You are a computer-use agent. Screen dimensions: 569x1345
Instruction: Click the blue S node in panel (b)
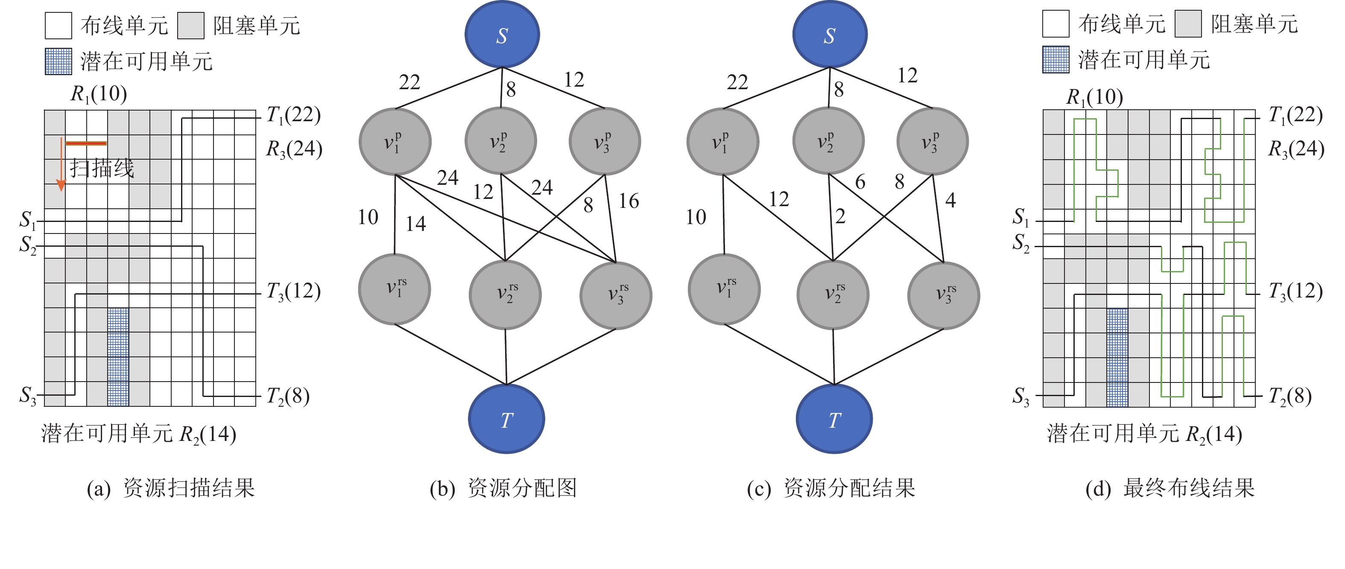[x=502, y=35]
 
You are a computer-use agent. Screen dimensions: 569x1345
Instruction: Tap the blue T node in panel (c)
[x=834, y=419]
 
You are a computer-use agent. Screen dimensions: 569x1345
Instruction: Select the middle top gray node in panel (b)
[x=500, y=141]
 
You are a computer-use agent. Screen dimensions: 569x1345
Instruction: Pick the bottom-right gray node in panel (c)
[x=944, y=295]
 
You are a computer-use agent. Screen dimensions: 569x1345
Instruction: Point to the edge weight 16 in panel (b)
[x=629, y=201]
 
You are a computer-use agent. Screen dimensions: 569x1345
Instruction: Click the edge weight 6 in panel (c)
[x=860, y=182]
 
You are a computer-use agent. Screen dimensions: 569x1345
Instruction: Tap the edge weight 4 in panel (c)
[x=950, y=200]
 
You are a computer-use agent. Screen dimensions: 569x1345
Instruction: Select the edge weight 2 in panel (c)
[x=840, y=216]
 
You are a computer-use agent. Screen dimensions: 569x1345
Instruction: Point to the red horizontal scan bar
[x=86, y=143]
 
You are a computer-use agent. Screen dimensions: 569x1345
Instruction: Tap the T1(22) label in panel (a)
[x=293, y=115]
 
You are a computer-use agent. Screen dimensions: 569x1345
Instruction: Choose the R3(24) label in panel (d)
[x=1296, y=149]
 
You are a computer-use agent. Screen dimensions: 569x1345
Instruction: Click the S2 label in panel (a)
[x=28, y=244]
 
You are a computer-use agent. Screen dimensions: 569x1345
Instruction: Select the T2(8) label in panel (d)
[x=1290, y=396]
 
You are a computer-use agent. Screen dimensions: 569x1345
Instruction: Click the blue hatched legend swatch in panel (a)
[x=58, y=61]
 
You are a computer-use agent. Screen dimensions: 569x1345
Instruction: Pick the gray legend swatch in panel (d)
[x=1188, y=24]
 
